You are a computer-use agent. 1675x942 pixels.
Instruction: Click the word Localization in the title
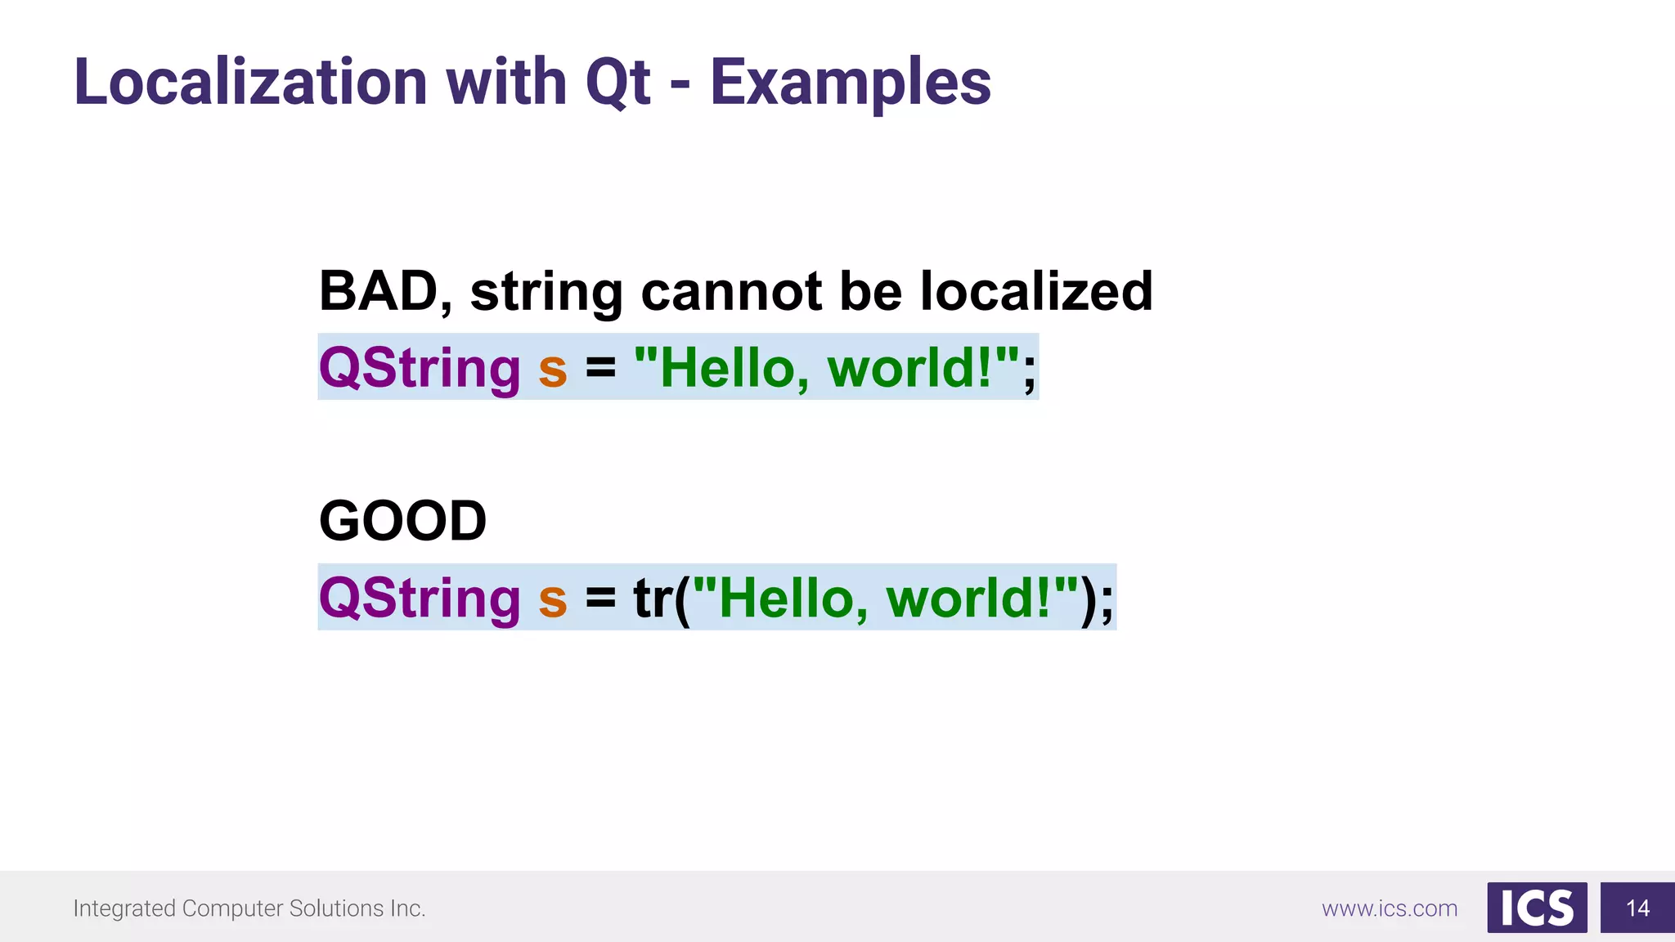tap(250, 83)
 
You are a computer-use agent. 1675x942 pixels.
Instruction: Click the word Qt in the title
tap(617, 84)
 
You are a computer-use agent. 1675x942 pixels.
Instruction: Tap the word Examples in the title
tap(850, 84)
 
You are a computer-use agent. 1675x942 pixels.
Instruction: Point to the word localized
tap(1036, 291)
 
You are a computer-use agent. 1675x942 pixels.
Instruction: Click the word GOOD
tap(402, 521)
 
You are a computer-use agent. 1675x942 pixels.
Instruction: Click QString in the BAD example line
tap(419, 368)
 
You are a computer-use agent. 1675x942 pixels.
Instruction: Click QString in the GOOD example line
tap(419, 599)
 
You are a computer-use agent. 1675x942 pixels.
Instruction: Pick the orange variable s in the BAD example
tap(553, 370)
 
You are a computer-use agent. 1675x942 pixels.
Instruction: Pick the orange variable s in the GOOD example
tap(553, 600)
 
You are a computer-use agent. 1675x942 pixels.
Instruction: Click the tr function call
tap(654, 599)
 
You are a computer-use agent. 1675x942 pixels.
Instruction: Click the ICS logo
tap(1536, 908)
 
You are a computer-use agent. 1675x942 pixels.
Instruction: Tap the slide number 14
tap(1637, 908)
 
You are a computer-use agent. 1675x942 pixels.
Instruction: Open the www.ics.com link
tap(1389, 908)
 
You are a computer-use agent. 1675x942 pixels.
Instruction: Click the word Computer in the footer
tap(232, 908)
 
